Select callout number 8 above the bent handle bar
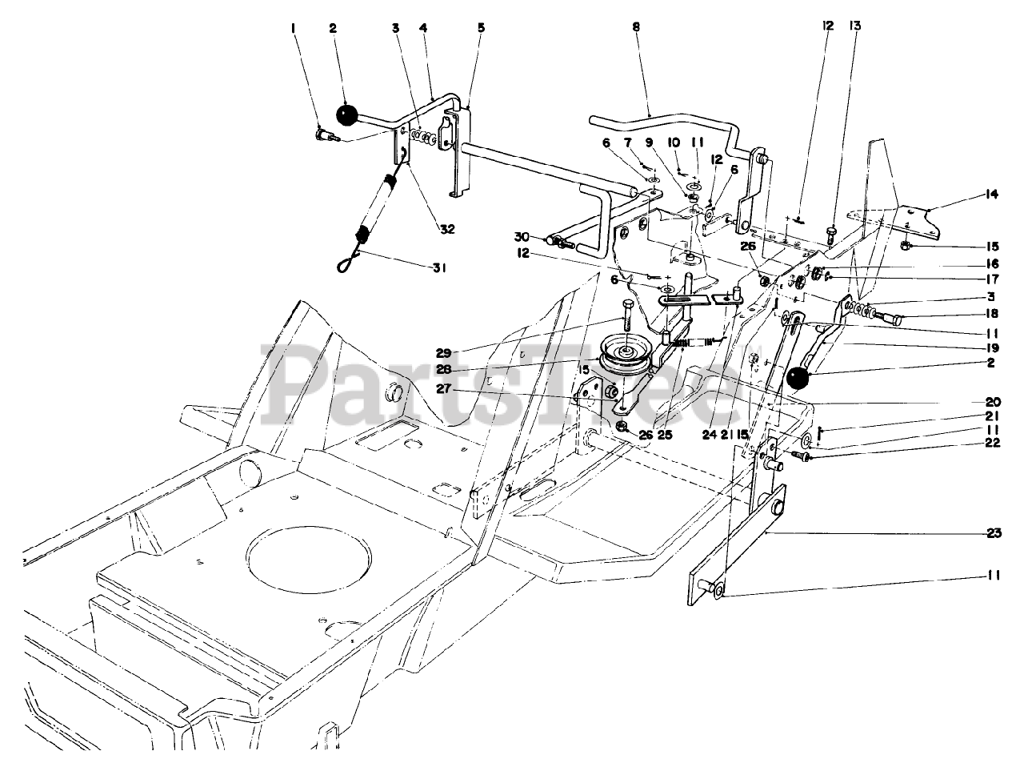point(636,26)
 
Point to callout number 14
point(992,195)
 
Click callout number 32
point(446,229)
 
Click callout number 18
point(992,315)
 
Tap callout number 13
point(855,26)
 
